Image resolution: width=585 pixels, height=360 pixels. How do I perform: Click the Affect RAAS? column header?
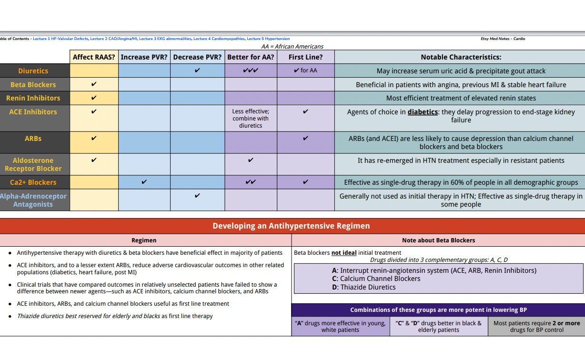coord(94,57)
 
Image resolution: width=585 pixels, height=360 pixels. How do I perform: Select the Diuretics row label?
coord(33,71)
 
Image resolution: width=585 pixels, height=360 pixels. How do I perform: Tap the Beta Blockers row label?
coord(33,85)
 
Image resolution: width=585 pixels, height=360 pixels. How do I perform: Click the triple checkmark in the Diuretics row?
coord(251,70)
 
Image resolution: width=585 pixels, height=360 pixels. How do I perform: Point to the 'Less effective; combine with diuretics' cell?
coord(251,119)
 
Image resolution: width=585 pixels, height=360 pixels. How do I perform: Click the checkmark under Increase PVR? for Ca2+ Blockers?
coord(144,182)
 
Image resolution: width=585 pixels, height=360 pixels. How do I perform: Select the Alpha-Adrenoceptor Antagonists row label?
coord(33,200)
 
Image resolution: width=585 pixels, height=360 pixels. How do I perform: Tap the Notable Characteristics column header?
coord(461,57)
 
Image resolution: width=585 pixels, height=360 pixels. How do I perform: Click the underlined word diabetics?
coord(422,112)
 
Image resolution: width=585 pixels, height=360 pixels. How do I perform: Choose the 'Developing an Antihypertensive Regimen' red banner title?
coord(291,226)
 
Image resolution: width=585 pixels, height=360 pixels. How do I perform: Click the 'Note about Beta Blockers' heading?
coord(438,240)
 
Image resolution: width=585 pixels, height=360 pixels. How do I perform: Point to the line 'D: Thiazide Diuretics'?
coord(363,287)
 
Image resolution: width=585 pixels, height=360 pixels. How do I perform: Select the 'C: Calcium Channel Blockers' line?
coord(376,279)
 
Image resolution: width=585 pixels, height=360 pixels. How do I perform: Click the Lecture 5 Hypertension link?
coord(268,39)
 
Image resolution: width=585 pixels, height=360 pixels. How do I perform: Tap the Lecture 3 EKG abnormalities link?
coord(165,39)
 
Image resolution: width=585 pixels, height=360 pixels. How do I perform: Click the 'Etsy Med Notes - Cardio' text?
coord(503,39)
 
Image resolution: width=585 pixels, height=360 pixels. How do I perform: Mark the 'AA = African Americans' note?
coord(292,47)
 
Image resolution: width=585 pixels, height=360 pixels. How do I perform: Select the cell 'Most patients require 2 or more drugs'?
coord(536,326)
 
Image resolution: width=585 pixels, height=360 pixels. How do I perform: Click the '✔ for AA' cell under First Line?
coord(305,70)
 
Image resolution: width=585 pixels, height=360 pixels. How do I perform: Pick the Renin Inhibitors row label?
coord(33,98)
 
